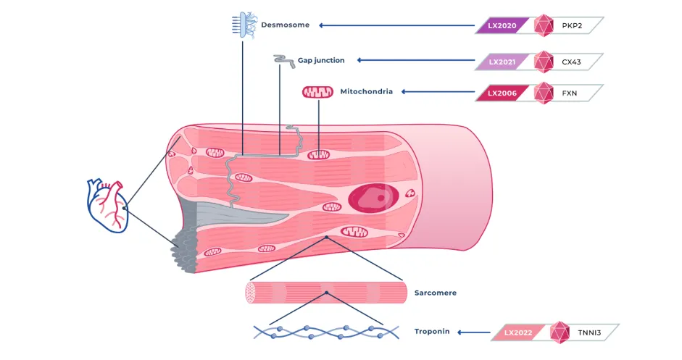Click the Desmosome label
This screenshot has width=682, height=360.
click(286, 25)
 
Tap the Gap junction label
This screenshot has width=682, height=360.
click(321, 60)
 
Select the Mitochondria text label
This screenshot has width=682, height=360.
click(366, 91)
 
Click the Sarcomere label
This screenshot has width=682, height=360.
click(435, 293)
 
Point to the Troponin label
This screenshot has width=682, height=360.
click(432, 331)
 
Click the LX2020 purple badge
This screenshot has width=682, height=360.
click(502, 26)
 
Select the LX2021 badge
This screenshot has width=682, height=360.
click(502, 62)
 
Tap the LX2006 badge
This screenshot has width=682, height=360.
click(502, 93)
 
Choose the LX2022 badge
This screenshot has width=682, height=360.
click(517, 332)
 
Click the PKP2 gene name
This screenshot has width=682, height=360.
click(572, 26)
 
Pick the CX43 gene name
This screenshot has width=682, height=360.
click(572, 62)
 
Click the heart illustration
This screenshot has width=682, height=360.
click(107, 205)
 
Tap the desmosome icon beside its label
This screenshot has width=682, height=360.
click(241, 24)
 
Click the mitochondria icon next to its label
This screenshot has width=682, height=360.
click(317, 92)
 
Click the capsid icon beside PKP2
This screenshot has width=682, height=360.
click(544, 26)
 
